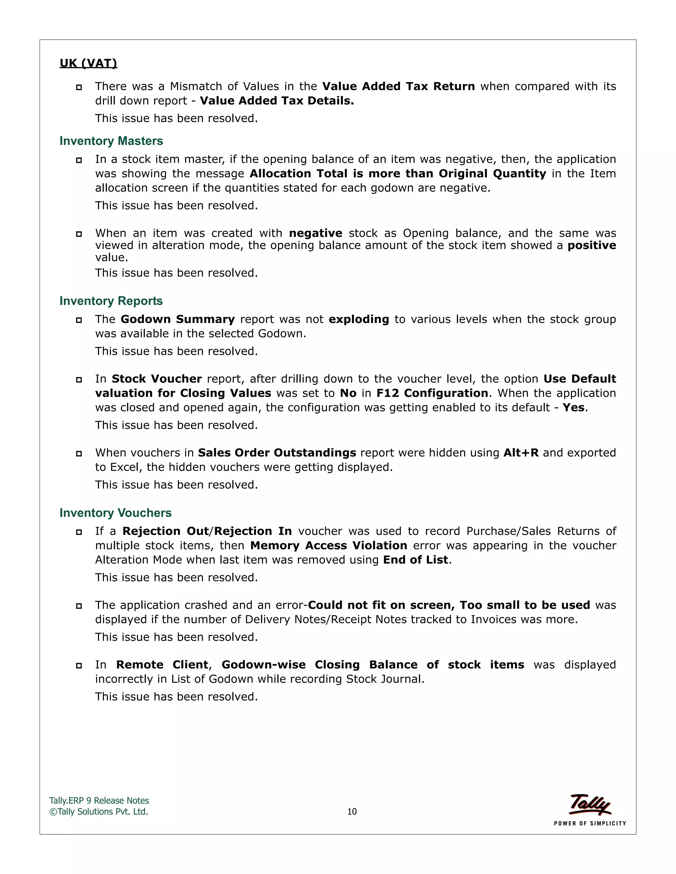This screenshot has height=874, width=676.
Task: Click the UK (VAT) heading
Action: point(88,63)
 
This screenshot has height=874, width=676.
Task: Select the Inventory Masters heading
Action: point(111,141)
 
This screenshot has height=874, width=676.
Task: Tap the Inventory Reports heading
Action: point(111,301)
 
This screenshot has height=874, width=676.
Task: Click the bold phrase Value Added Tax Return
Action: point(398,86)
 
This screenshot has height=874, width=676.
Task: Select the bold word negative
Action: point(315,233)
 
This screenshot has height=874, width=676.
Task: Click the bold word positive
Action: point(591,245)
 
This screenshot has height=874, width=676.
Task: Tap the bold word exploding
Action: point(358,319)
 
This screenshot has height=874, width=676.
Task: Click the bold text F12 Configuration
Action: point(432,393)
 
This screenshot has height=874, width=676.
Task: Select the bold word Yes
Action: point(573,407)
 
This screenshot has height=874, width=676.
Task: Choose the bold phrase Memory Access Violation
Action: point(328,546)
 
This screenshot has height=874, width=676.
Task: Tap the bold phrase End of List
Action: point(415,560)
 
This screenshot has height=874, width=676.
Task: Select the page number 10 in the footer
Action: point(352,812)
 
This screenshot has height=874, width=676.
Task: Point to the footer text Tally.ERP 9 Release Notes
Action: point(99,800)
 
